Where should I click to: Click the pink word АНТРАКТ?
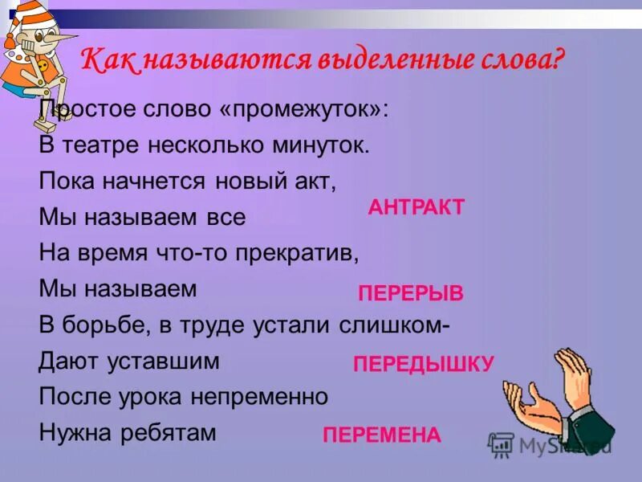coord(416,207)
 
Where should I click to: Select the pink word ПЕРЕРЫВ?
coord(410,293)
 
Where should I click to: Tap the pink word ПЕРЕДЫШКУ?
coord(424,364)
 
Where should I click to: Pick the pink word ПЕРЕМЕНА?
coord(382,435)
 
